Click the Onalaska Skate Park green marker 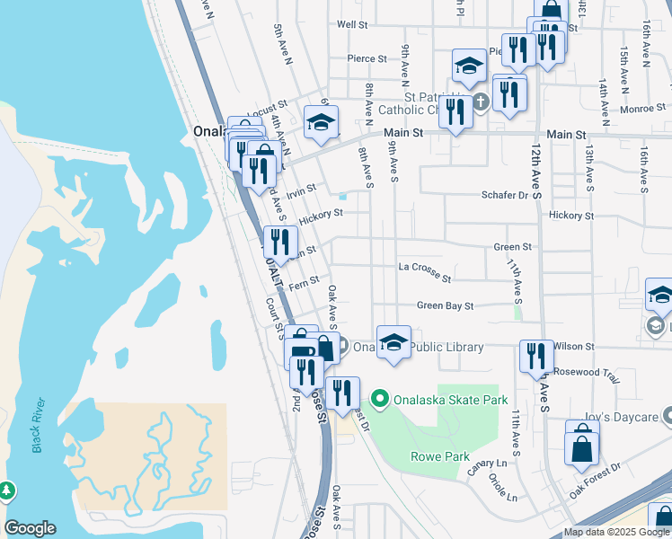(379, 399)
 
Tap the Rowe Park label (440, 456)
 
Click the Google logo (30, 528)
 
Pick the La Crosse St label (424, 267)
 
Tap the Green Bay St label (445, 306)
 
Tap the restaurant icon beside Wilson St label (536, 355)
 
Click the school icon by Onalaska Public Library (393, 341)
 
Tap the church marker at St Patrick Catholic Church (481, 101)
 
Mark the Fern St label (304, 282)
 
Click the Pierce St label (367, 59)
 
